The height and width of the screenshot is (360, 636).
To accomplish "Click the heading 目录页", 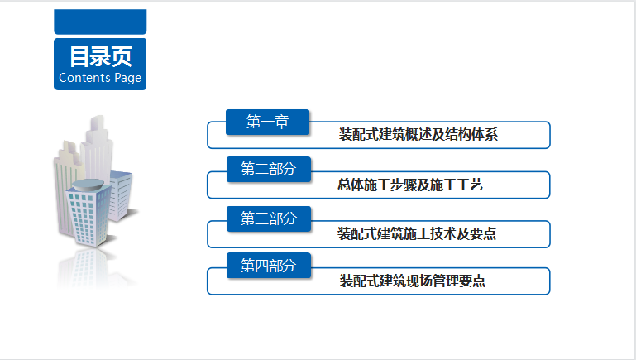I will click(100, 56).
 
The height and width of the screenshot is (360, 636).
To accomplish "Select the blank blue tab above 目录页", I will click(100, 22).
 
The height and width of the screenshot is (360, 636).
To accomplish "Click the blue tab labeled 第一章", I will click(267, 122).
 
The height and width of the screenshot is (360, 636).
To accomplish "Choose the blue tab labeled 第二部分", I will click(268, 169).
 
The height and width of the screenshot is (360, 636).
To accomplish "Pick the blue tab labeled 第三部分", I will click(268, 218).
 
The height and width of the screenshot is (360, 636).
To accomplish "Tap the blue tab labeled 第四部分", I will click(268, 265).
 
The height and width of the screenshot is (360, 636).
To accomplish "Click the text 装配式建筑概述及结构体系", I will click(418, 135).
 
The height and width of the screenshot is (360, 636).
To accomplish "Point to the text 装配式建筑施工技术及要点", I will click(416, 233).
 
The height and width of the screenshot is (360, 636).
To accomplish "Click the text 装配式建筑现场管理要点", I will click(412, 281).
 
